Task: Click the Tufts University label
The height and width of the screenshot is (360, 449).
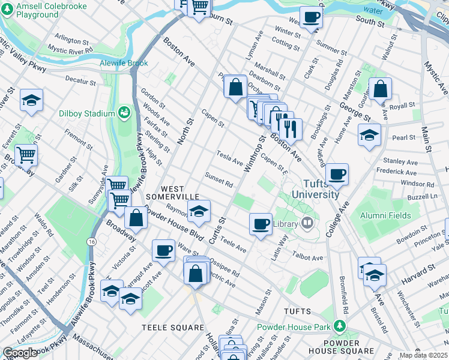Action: coord(316,189)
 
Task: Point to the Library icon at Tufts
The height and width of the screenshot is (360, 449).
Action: coord(307,224)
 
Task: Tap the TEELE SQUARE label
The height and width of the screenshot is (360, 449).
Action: coord(173,328)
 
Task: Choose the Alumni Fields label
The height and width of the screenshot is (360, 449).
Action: coord(385,215)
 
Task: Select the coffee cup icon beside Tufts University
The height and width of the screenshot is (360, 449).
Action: coord(338,174)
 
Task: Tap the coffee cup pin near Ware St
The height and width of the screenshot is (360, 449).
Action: coord(163,250)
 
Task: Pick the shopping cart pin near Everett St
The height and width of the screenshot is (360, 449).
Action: coord(26,155)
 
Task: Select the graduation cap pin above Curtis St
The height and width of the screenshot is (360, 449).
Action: coord(199,211)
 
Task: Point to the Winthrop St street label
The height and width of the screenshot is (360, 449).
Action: coord(254,156)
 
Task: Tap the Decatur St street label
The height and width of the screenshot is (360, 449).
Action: coord(80,79)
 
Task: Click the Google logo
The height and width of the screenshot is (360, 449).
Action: coord(20,352)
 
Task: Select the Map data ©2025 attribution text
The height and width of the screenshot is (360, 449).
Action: coord(423,356)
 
